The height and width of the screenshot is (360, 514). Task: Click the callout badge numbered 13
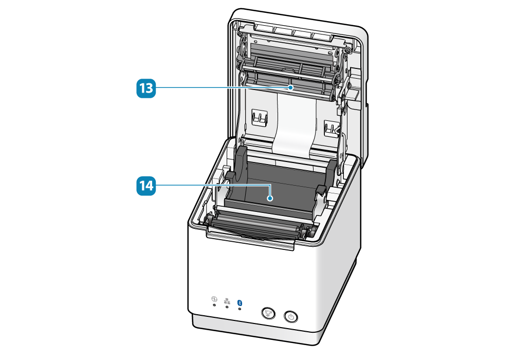[x=145, y=88]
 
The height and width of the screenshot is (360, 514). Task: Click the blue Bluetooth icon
[x=240, y=303]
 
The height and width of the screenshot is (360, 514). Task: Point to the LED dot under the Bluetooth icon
[x=240, y=310]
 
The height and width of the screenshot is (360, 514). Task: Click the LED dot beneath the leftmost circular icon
[x=214, y=305]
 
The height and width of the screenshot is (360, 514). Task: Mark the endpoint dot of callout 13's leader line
[x=291, y=88]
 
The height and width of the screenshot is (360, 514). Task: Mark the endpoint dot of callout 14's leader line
[x=269, y=197]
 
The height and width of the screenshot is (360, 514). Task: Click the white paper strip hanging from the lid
[x=293, y=126]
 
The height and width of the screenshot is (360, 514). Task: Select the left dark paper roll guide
[x=241, y=172]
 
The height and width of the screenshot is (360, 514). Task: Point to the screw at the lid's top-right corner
[x=348, y=50]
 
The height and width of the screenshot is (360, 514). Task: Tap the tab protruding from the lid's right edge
[x=355, y=95]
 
